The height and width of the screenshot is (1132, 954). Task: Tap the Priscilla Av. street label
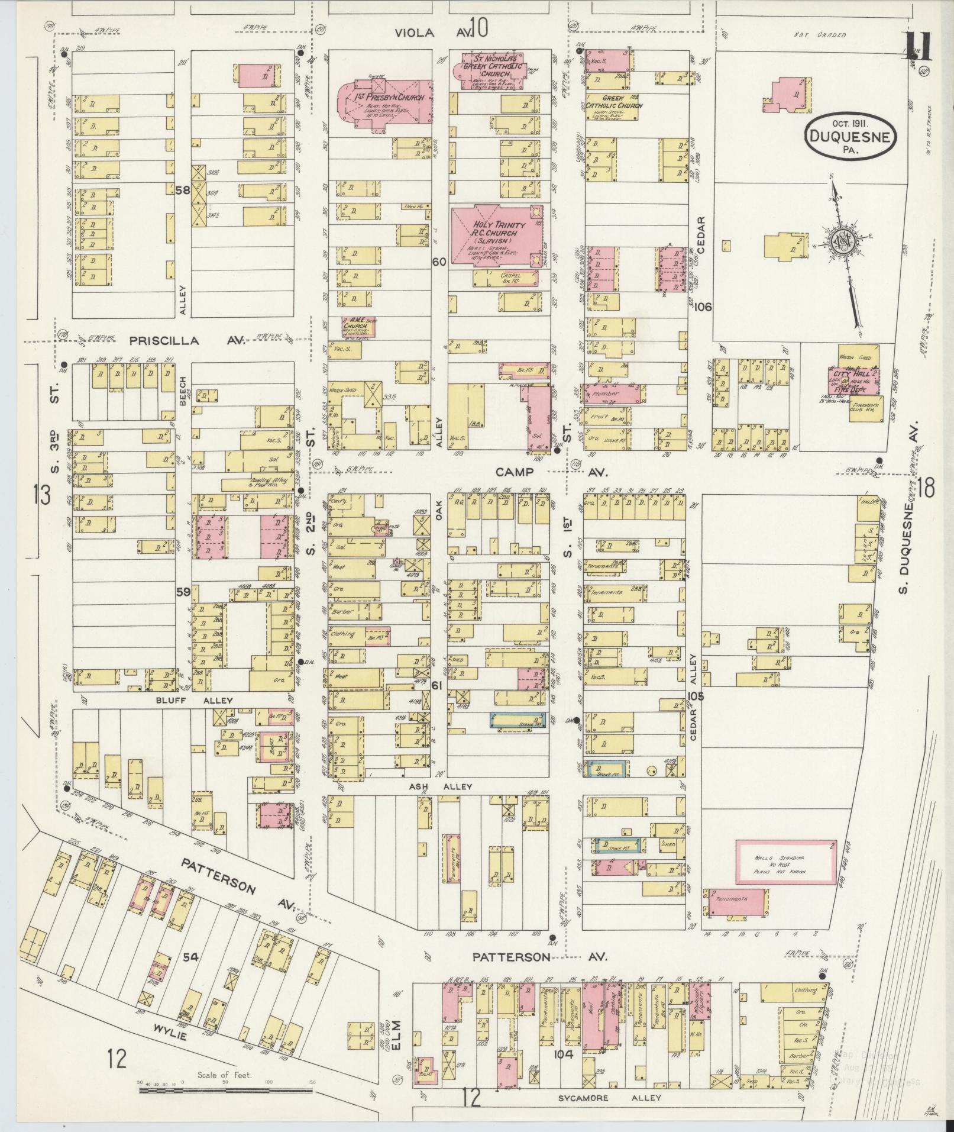[181, 341]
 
